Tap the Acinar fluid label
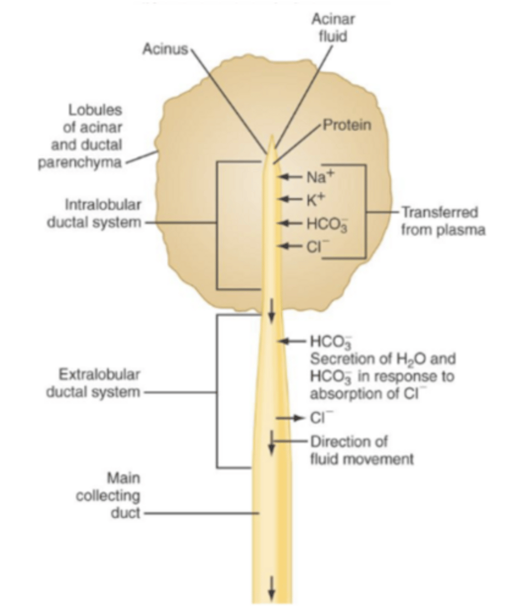(x=333, y=28)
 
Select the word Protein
(x=348, y=125)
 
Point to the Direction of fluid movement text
(x=361, y=450)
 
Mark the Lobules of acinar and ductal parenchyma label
(x=81, y=136)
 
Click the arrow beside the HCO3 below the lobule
(x=293, y=340)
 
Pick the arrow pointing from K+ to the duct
(x=292, y=199)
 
